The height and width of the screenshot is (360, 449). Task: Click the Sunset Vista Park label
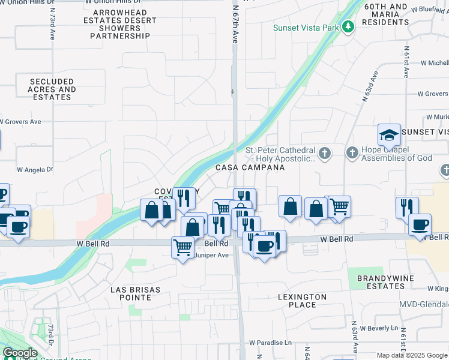[305, 28]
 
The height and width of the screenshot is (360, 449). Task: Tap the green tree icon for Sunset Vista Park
[348, 27]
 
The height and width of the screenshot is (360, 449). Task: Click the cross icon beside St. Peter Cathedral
[325, 154]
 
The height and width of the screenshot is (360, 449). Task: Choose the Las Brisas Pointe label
[136, 293]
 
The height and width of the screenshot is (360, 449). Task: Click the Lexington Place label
[303, 301]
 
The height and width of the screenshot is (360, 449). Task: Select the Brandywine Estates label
[382, 282]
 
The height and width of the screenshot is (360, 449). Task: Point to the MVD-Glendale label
[424, 305]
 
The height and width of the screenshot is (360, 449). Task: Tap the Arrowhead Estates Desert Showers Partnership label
[120, 28]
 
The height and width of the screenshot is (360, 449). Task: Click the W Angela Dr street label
[35, 170]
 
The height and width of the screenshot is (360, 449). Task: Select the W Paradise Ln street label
[271, 343]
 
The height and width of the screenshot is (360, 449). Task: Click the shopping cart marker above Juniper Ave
[182, 247]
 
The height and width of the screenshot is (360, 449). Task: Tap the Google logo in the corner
[20, 353]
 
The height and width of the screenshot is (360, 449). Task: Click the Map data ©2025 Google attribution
[412, 355]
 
